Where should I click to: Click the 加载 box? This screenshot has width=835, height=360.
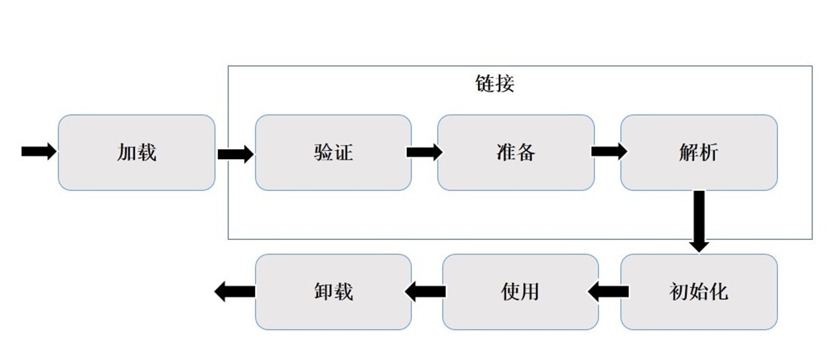[x=137, y=152]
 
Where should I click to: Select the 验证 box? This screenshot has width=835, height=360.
[x=333, y=152]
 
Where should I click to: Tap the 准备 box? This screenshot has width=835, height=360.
[x=516, y=152]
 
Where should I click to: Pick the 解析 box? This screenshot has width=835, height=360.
[x=698, y=152]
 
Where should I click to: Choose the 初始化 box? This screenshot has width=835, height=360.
[x=698, y=292]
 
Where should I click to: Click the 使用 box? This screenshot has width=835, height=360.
[x=520, y=292]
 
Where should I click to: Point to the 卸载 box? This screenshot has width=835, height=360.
[x=333, y=292]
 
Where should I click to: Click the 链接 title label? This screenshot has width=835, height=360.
[x=495, y=84]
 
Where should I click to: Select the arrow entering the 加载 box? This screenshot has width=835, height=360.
[x=39, y=152]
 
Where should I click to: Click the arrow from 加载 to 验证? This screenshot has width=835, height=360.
[x=235, y=154]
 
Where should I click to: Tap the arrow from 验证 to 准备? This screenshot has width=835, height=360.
[x=424, y=152]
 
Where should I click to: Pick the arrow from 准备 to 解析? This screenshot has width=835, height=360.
[x=609, y=152]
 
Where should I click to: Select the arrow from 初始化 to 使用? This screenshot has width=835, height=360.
[x=608, y=291]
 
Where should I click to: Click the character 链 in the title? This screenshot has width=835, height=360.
[x=485, y=84]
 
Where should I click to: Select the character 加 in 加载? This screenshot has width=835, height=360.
[x=127, y=152]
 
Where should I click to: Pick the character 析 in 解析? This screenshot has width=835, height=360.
[x=708, y=152]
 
